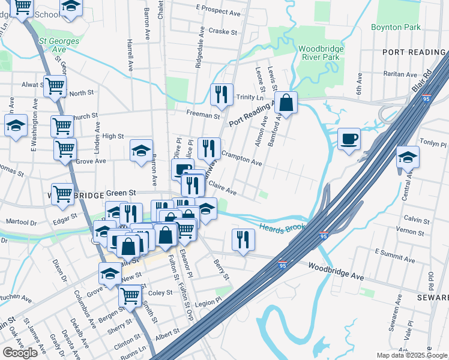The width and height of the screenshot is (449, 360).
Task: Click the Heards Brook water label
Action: click(x=282, y=227)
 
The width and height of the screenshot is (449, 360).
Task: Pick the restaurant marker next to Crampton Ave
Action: click(x=209, y=148)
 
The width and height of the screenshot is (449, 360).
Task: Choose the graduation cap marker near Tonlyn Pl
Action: click(x=408, y=157)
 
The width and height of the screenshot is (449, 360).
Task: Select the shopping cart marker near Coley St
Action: click(x=130, y=295)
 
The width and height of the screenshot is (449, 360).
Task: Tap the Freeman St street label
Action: click(x=203, y=114)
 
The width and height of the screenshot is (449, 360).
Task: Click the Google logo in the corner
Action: click(x=20, y=353)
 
